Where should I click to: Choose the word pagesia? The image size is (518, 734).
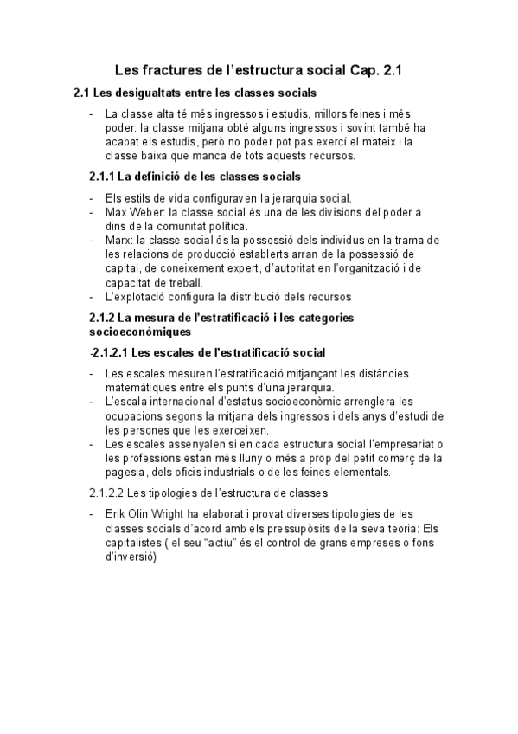[x=123, y=472]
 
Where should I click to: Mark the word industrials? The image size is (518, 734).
[x=246, y=472]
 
